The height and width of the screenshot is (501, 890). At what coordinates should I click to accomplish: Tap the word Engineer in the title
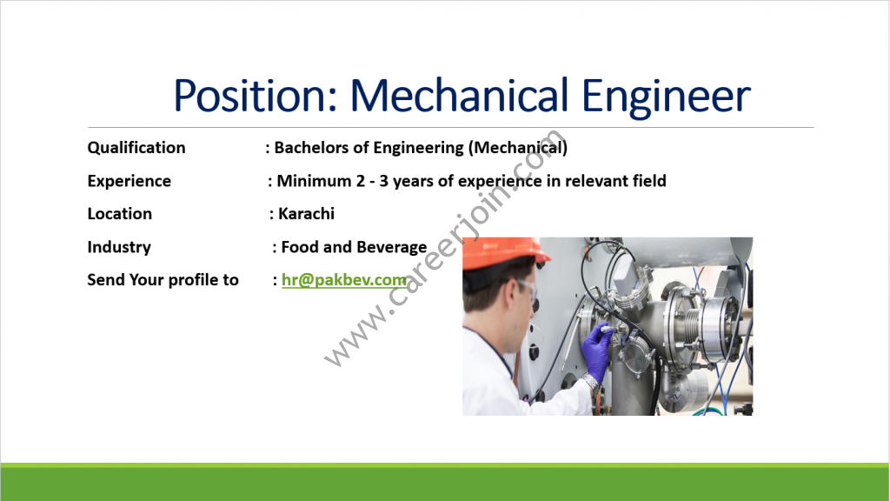click(666, 97)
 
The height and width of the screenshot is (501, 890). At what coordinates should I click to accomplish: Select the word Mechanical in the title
click(459, 94)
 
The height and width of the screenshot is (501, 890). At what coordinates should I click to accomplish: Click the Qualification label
click(136, 148)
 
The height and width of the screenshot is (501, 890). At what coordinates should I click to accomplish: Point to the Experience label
click(129, 181)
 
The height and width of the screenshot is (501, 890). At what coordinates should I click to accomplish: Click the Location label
click(120, 214)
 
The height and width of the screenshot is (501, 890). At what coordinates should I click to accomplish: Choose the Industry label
click(119, 247)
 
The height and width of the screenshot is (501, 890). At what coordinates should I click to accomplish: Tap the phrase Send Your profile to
click(163, 280)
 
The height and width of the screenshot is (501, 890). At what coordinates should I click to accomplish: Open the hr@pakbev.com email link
click(344, 280)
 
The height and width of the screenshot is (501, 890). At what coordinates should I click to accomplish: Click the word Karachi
click(307, 214)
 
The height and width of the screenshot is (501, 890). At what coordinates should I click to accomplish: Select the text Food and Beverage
click(355, 247)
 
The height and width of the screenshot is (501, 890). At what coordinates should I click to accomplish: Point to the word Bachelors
click(311, 148)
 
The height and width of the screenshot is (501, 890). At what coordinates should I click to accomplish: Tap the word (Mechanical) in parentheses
click(518, 148)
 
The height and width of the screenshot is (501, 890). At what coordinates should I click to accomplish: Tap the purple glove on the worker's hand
click(596, 351)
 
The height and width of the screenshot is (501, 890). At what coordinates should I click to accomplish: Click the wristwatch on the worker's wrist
click(591, 381)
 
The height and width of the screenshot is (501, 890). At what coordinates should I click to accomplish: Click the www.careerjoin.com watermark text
click(445, 248)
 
